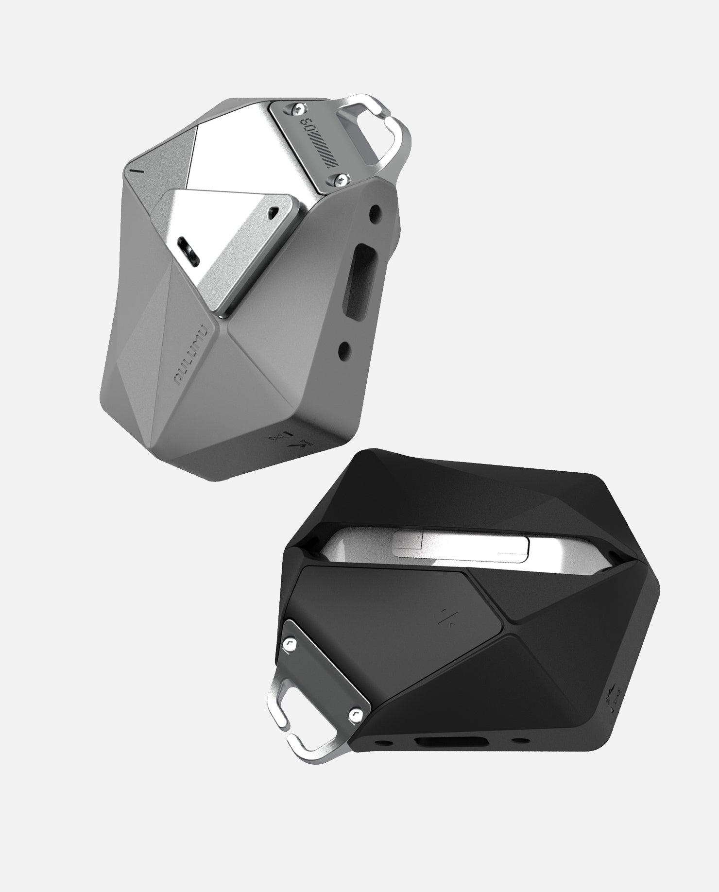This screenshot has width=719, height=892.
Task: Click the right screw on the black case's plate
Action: click(354, 713)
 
